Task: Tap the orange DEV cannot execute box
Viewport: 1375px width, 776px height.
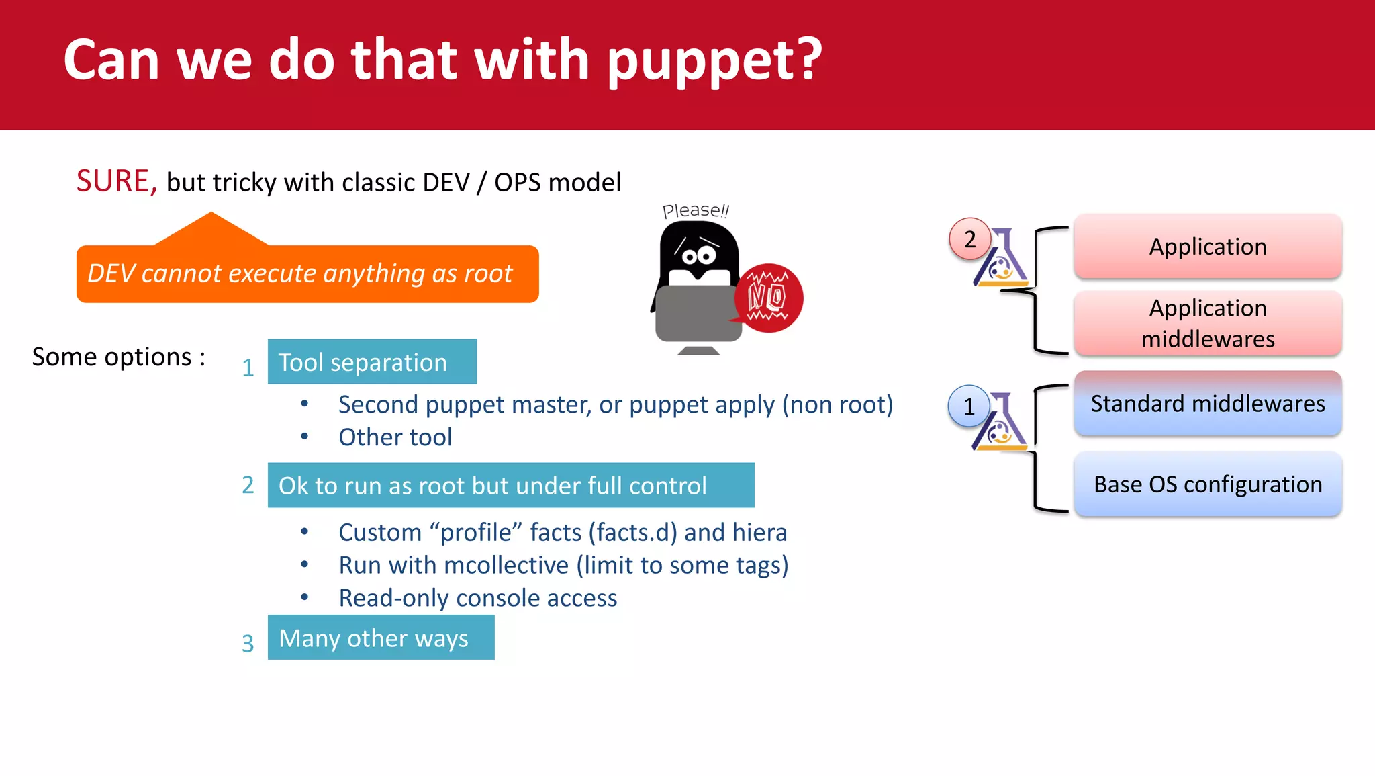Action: click(x=307, y=274)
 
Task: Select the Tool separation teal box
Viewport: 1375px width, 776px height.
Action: click(x=371, y=362)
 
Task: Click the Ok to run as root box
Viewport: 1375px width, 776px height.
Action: click(x=510, y=485)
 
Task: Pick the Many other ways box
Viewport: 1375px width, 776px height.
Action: click(x=381, y=638)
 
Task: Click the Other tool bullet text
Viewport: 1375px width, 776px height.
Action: click(x=395, y=437)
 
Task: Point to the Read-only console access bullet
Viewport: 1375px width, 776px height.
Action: click(x=477, y=598)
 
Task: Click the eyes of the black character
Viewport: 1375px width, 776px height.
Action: click(x=699, y=255)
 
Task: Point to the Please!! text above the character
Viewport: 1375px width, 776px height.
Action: click(x=695, y=210)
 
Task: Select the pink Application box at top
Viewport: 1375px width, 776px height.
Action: click(x=1207, y=247)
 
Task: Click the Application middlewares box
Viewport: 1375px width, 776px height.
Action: click(x=1207, y=323)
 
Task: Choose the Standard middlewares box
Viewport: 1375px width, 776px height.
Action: click(x=1207, y=403)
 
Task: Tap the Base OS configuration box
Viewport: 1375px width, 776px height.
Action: click(x=1207, y=484)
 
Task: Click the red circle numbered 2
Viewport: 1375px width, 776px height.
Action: click(x=969, y=239)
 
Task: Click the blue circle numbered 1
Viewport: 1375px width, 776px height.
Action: click(x=968, y=406)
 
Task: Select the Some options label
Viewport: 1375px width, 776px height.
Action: click(x=118, y=357)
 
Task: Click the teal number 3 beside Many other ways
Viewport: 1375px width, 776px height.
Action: click(x=248, y=643)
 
